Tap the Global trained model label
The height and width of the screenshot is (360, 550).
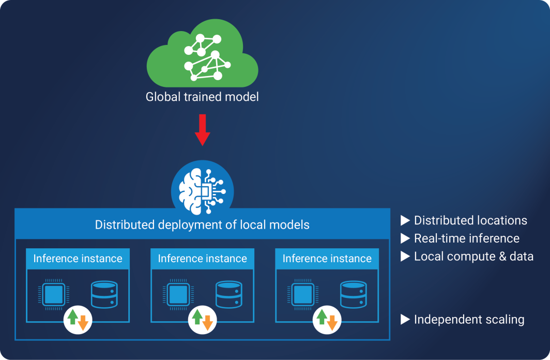click(x=202, y=97)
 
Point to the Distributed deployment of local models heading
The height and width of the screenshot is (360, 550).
click(x=202, y=225)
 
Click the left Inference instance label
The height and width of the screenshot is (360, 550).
click(x=78, y=258)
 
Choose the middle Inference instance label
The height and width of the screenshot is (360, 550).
click(x=202, y=258)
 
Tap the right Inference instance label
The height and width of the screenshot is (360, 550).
click(x=327, y=258)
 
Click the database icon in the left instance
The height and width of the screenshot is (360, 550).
click(x=104, y=294)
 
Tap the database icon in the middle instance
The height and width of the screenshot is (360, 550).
click(x=229, y=294)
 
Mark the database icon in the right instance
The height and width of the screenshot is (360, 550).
click(x=354, y=294)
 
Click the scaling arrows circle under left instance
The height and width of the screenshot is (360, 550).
click(x=78, y=320)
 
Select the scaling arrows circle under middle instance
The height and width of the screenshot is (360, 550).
click(x=202, y=320)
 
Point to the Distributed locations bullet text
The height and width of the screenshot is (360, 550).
click(x=470, y=221)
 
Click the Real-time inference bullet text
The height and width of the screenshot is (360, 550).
click(x=466, y=238)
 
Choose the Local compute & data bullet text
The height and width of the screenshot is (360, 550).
click(x=473, y=257)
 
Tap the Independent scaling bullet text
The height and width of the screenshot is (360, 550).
click(x=469, y=320)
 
